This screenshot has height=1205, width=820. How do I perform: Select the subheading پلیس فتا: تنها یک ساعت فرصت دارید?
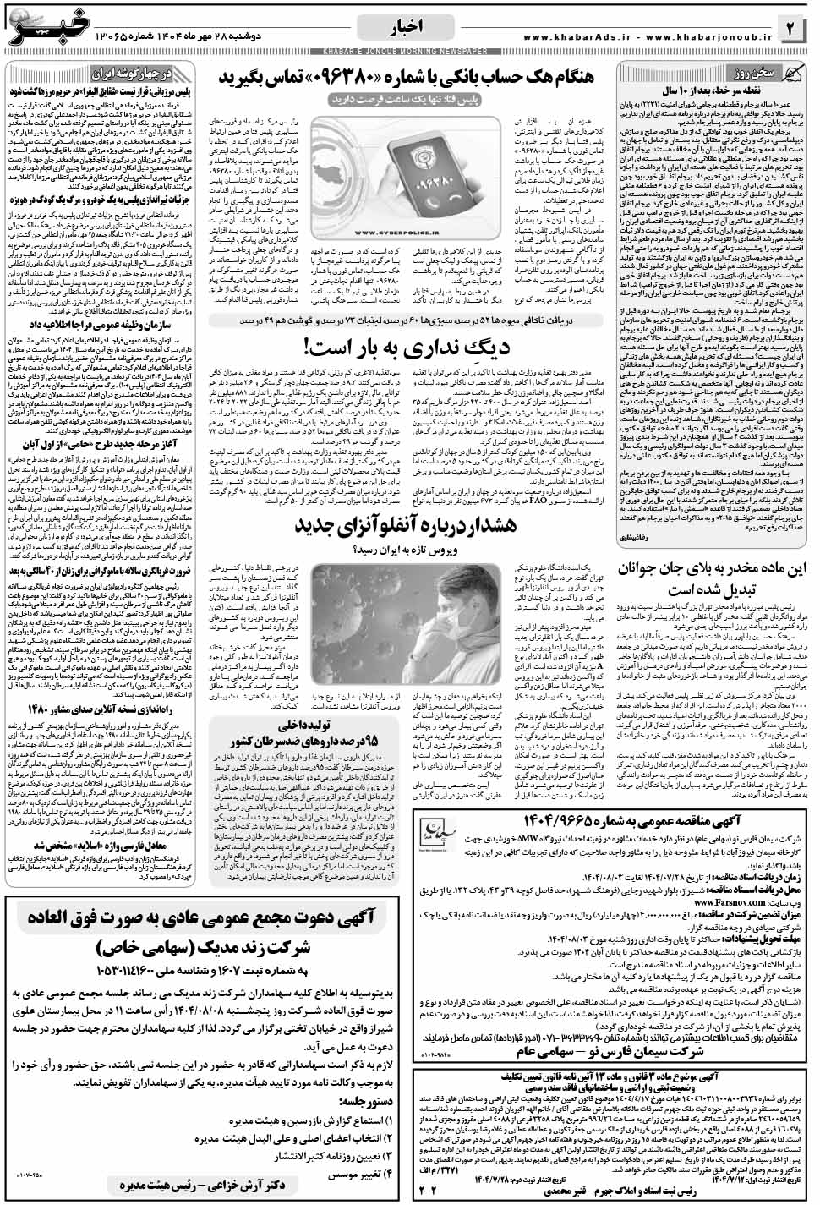point(408,100)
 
